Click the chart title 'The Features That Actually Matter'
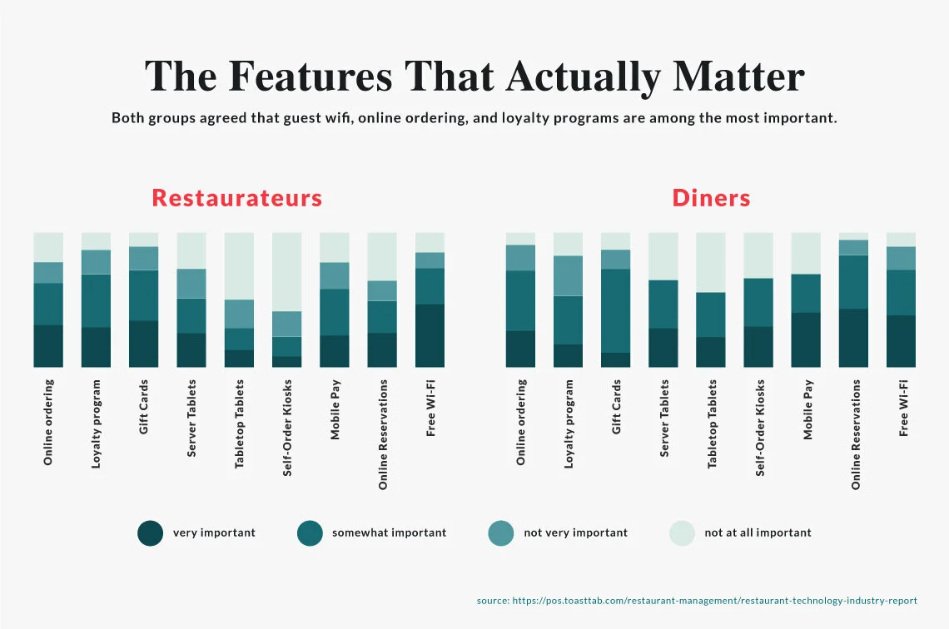coord(474,77)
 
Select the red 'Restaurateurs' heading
coord(237,199)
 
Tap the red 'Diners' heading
coord(711,199)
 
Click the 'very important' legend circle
coord(151,533)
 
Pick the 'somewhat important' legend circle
coord(310,533)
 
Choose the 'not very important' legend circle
coord(501,533)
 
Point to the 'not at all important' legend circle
coord(683,533)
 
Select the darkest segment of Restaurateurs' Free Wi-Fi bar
coord(430,336)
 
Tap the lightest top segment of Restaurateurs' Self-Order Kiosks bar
coord(286,271)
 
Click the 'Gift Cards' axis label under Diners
coord(616,407)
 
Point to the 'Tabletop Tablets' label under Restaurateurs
coord(240,423)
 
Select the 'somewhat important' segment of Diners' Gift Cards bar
coord(616,310)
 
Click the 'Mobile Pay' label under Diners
coord(807,409)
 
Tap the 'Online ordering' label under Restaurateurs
coord(48,422)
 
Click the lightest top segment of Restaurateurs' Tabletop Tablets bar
coord(239,265)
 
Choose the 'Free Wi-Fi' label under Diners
coord(902,408)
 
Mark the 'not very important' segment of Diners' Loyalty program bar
coord(569,275)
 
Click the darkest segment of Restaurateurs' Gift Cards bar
coord(143,344)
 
